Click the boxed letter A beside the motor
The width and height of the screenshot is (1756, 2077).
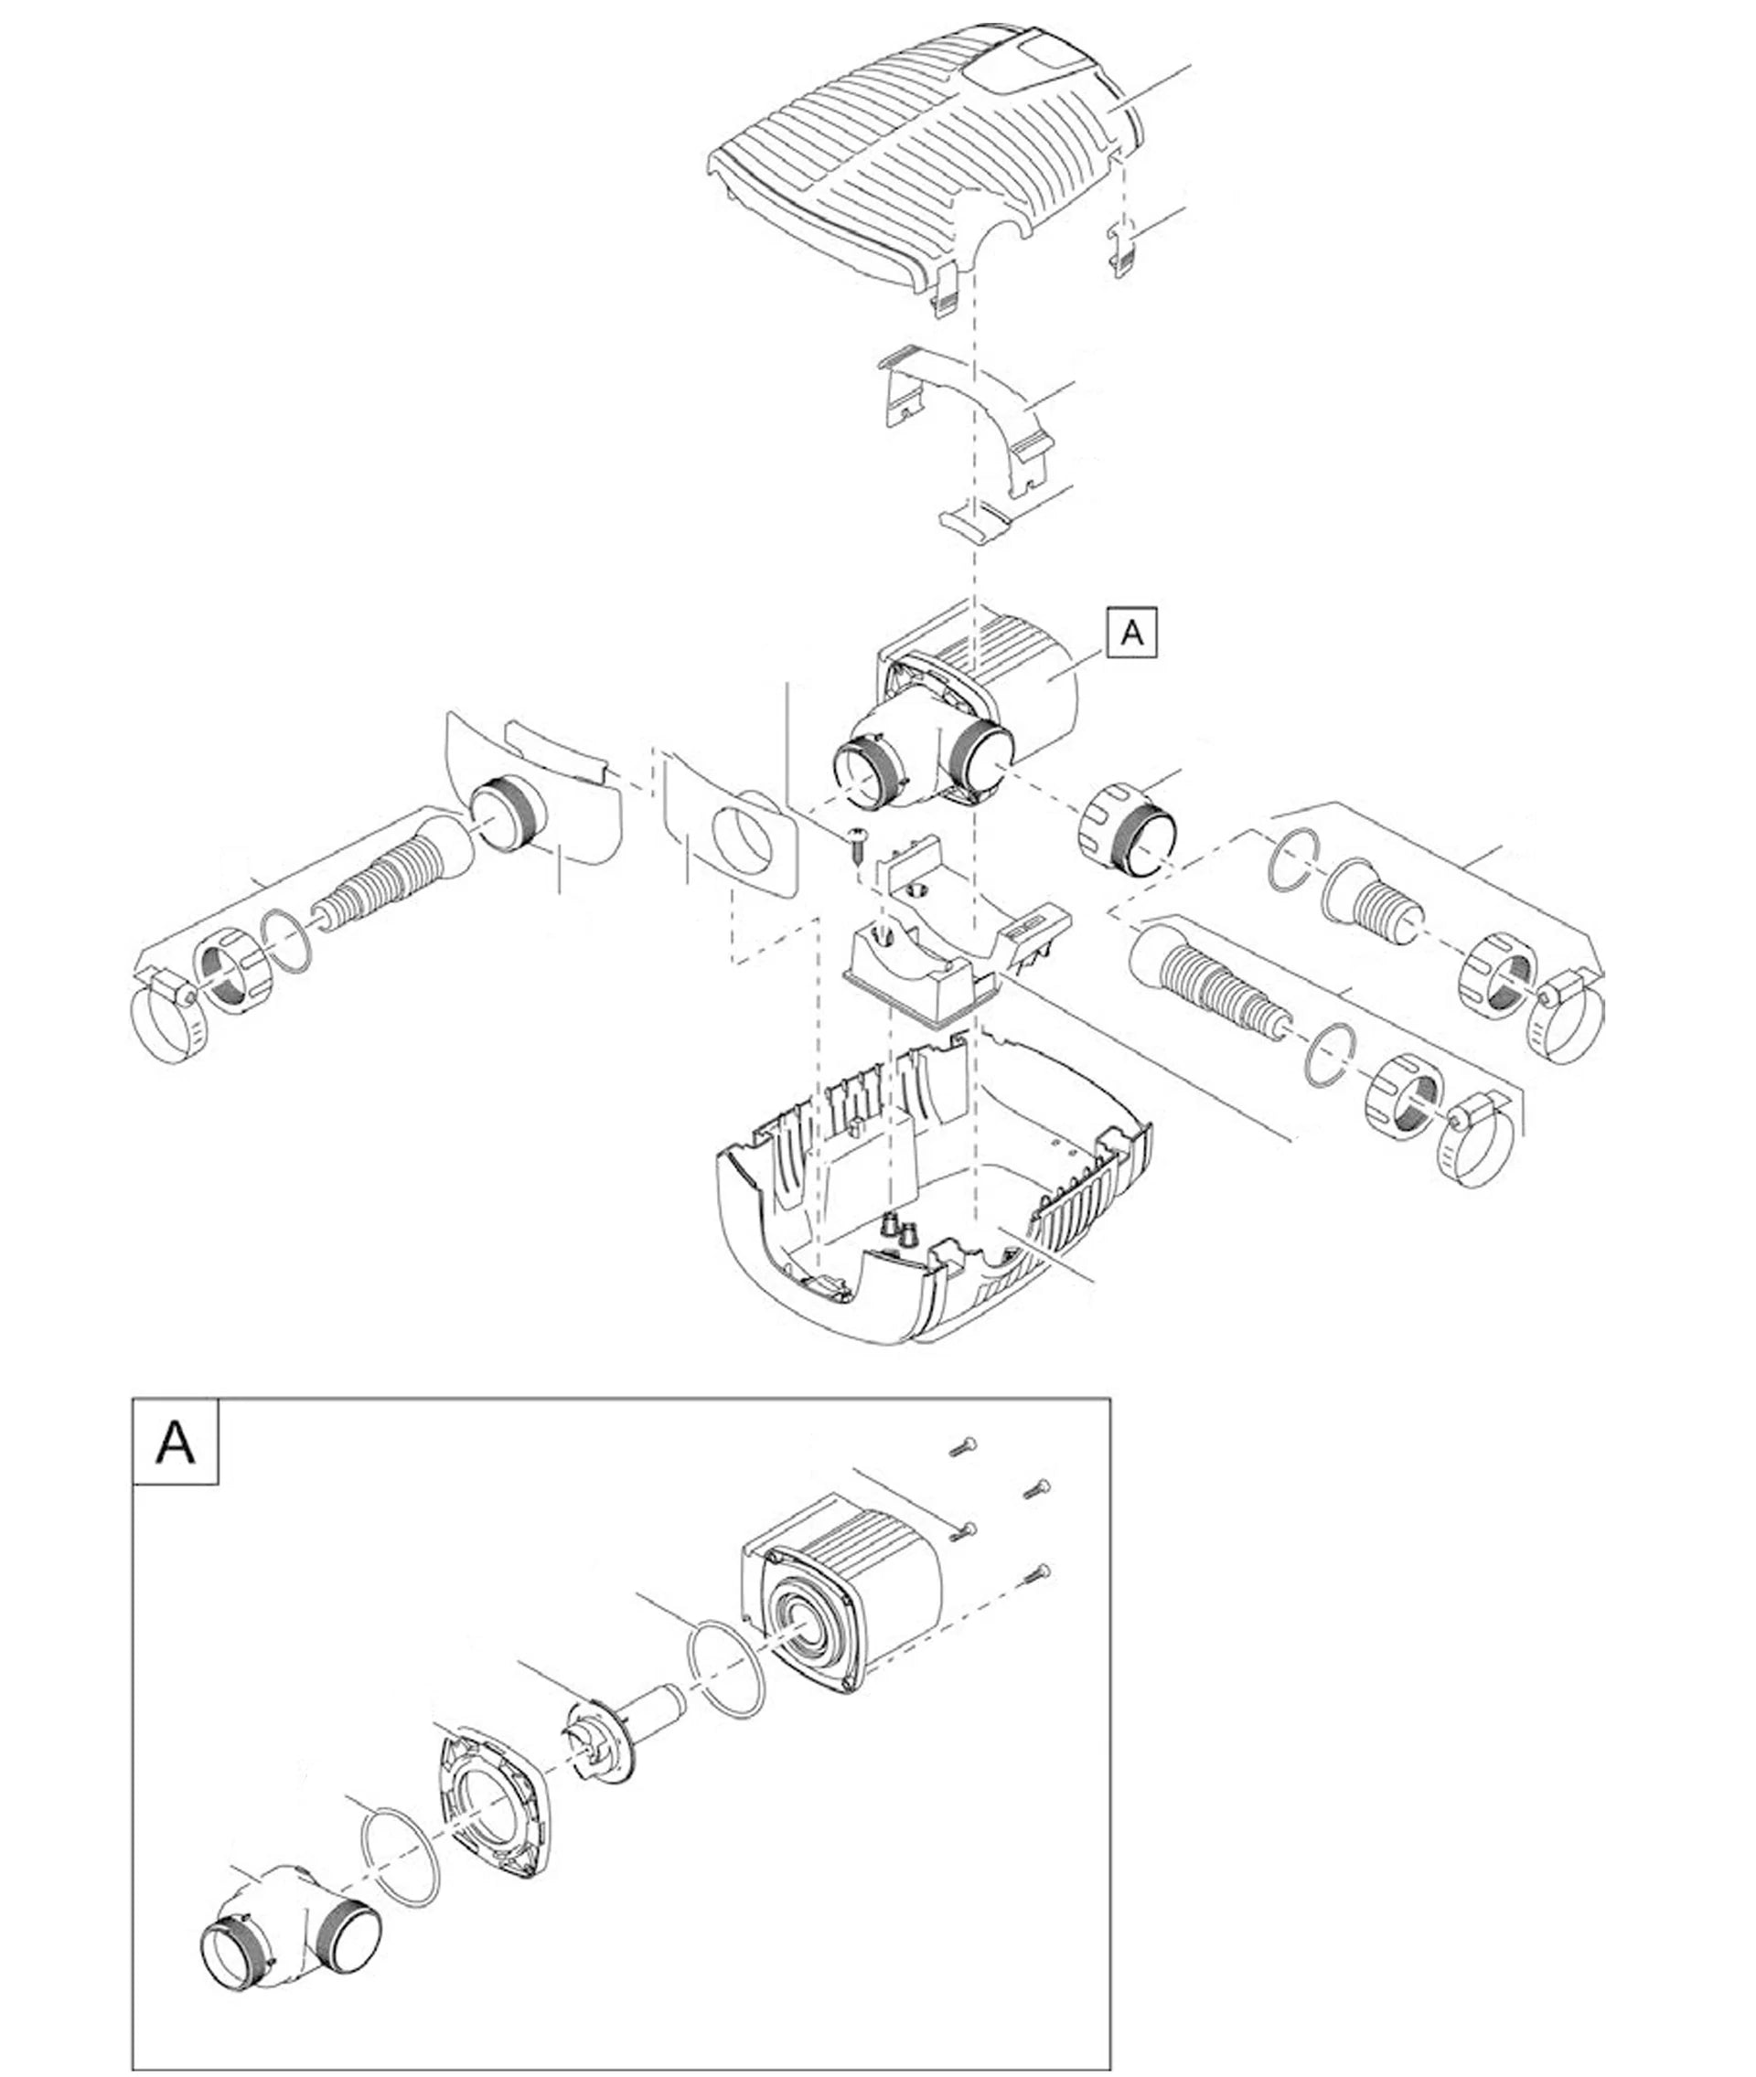1132,632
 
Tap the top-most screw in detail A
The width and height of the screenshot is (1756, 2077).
964,1446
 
